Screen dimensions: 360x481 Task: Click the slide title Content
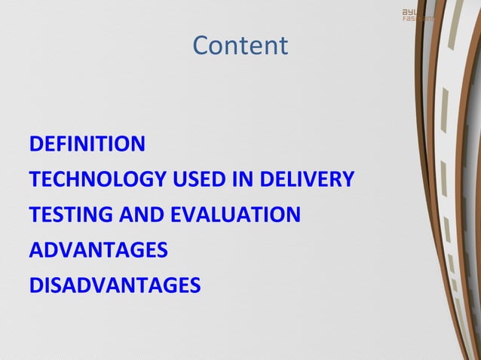240,46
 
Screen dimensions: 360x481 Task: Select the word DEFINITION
87,144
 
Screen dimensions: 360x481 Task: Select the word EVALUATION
235,215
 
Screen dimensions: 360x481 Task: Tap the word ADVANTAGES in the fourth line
98,251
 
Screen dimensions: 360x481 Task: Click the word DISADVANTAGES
115,286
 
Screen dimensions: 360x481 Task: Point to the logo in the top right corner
417,14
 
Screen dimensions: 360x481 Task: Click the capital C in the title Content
201,46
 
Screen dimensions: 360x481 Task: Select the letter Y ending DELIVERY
348,180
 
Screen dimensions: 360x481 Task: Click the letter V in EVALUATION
189,215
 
